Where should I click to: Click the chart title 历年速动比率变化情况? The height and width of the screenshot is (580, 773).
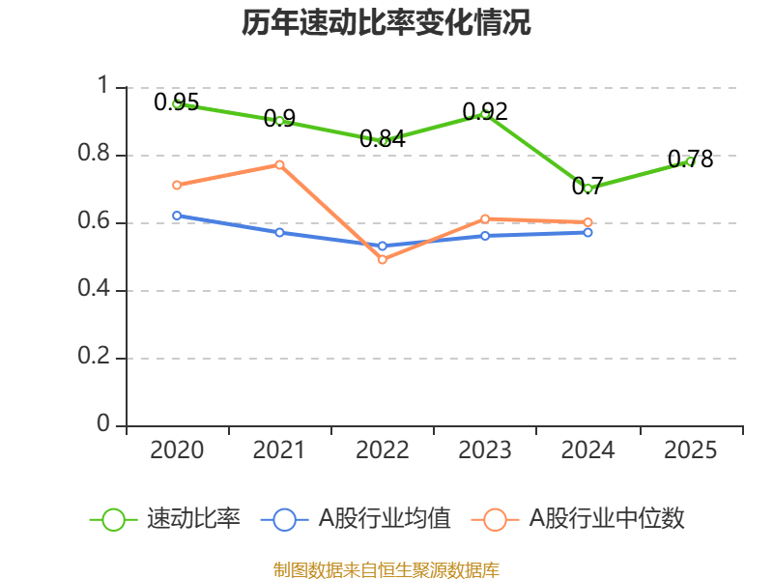[x=386, y=23]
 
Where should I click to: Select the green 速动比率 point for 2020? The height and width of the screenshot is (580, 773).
[x=177, y=103]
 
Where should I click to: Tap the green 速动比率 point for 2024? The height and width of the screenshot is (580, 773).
[x=587, y=188]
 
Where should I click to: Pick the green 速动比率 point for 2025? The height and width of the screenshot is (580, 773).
[x=690, y=161]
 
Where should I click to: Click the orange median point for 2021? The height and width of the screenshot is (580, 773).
[x=279, y=164]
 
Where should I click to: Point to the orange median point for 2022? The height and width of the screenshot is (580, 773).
[x=382, y=259]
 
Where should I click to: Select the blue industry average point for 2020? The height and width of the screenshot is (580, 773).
[x=177, y=216]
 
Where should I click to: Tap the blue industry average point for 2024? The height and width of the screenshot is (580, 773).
[x=587, y=232]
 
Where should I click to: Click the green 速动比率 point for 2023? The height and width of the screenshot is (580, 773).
[x=485, y=114]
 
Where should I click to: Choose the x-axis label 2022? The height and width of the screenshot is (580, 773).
[x=382, y=450]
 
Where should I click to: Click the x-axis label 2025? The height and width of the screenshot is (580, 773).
[x=690, y=450]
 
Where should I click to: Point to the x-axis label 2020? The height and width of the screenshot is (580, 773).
[x=177, y=450]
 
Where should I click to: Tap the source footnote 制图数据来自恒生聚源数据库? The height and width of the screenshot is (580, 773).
[x=386, y=569]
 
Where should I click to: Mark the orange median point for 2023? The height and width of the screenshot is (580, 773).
[x=485, y=218]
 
